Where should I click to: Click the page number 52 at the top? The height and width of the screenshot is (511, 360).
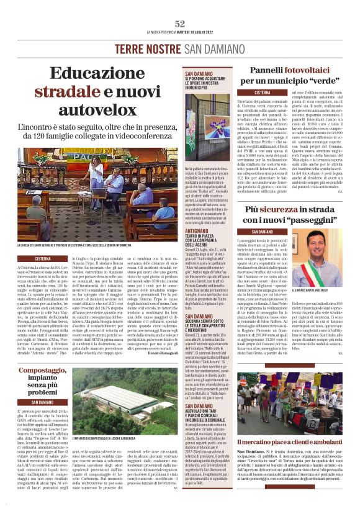[x=180, y=24]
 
